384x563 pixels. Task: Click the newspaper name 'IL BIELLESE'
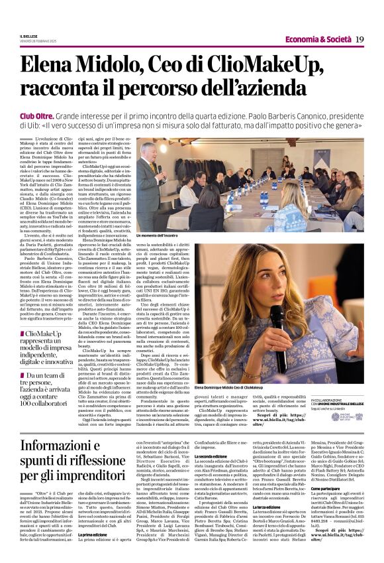click(30, 36)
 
